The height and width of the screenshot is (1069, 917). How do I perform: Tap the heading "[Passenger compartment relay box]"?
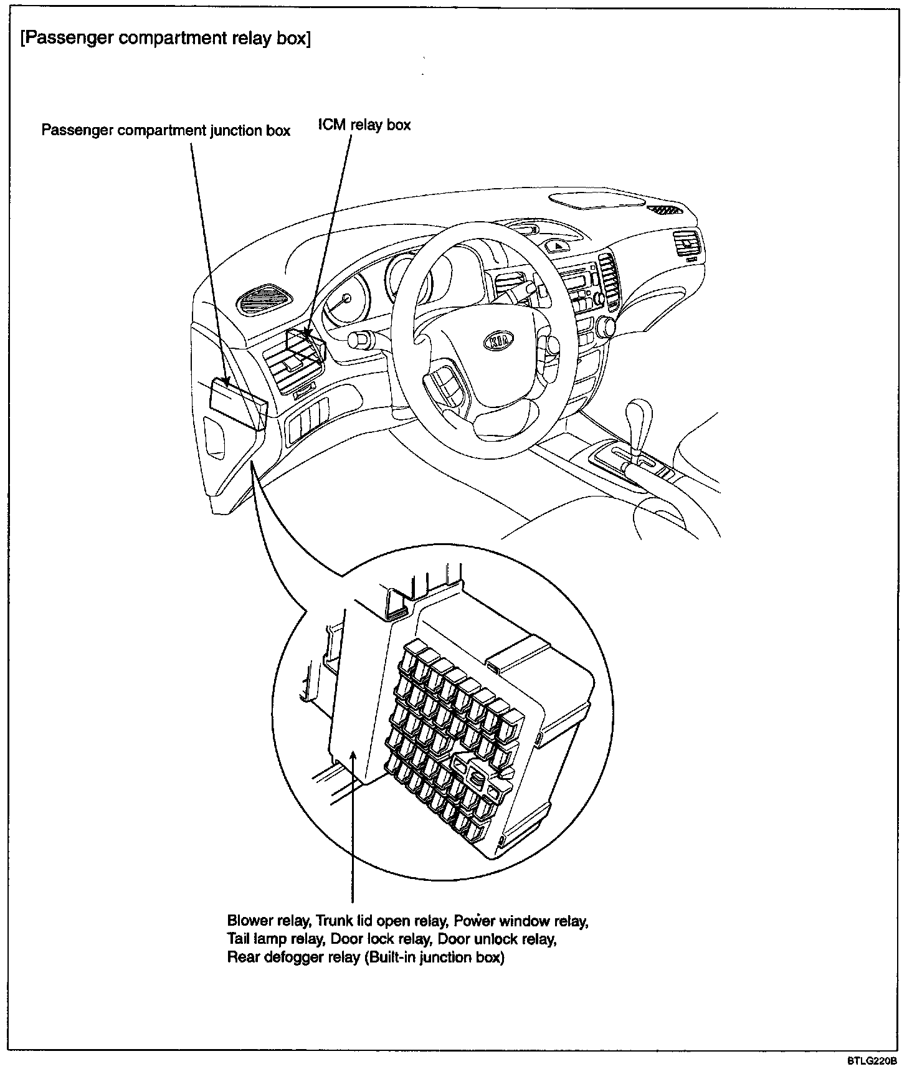tap(165, 39)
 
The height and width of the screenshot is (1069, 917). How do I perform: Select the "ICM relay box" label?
tap(364, 125)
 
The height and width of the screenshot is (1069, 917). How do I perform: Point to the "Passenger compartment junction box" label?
tap(166, 131)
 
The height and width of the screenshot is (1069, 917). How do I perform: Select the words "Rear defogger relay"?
tap(293, 957)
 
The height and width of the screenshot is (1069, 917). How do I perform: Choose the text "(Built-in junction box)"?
tap(434, 957)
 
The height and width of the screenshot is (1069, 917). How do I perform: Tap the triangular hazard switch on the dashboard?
tap(559, 246)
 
